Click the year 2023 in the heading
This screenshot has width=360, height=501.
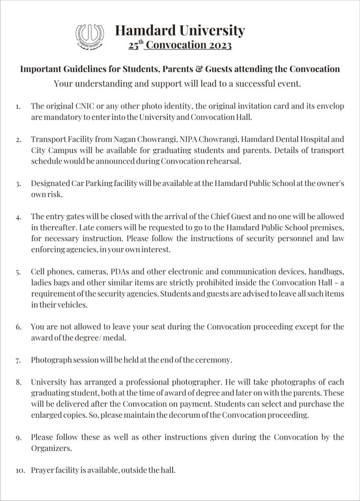217,46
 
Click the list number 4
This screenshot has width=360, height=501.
19,216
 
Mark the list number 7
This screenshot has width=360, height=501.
19,361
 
